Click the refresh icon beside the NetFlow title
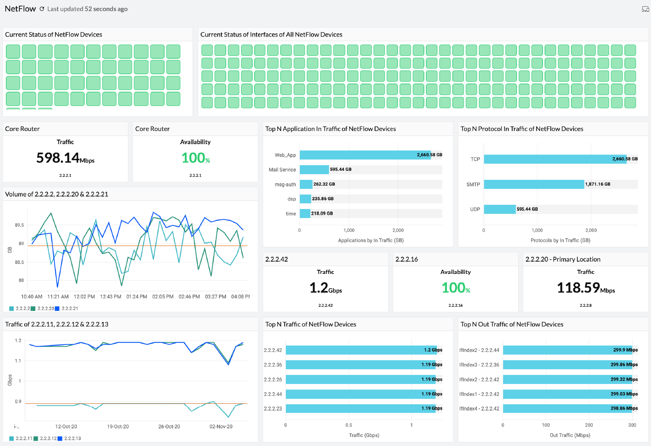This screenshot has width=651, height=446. (42, 9)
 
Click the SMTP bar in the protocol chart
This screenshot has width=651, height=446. (534, 184)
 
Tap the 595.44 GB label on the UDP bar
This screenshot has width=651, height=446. (527, 209)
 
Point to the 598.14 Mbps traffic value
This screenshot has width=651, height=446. (65, 158)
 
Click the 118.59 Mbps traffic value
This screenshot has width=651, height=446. (585, 288)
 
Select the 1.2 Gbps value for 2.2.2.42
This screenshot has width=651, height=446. (325, 288)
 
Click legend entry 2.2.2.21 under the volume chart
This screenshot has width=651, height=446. (69, 308)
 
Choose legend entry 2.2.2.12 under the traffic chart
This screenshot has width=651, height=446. (48, 438)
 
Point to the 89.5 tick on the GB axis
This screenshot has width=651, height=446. (19, 225)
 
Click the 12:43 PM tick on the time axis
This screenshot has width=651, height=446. (110, 297)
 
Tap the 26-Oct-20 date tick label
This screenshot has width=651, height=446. (169, 427)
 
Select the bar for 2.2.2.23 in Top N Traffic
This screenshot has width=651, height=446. (364, 409)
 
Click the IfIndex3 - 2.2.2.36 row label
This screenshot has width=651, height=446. (479, 365)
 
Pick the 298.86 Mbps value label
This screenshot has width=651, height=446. (624, 409)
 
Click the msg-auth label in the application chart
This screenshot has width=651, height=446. (285, 185)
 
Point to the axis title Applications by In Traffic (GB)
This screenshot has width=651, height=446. (370, 240)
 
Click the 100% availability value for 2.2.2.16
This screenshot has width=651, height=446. (455, 288)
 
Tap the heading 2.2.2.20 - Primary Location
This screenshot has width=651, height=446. (563, 259)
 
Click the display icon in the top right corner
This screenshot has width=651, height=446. (645, 9)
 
